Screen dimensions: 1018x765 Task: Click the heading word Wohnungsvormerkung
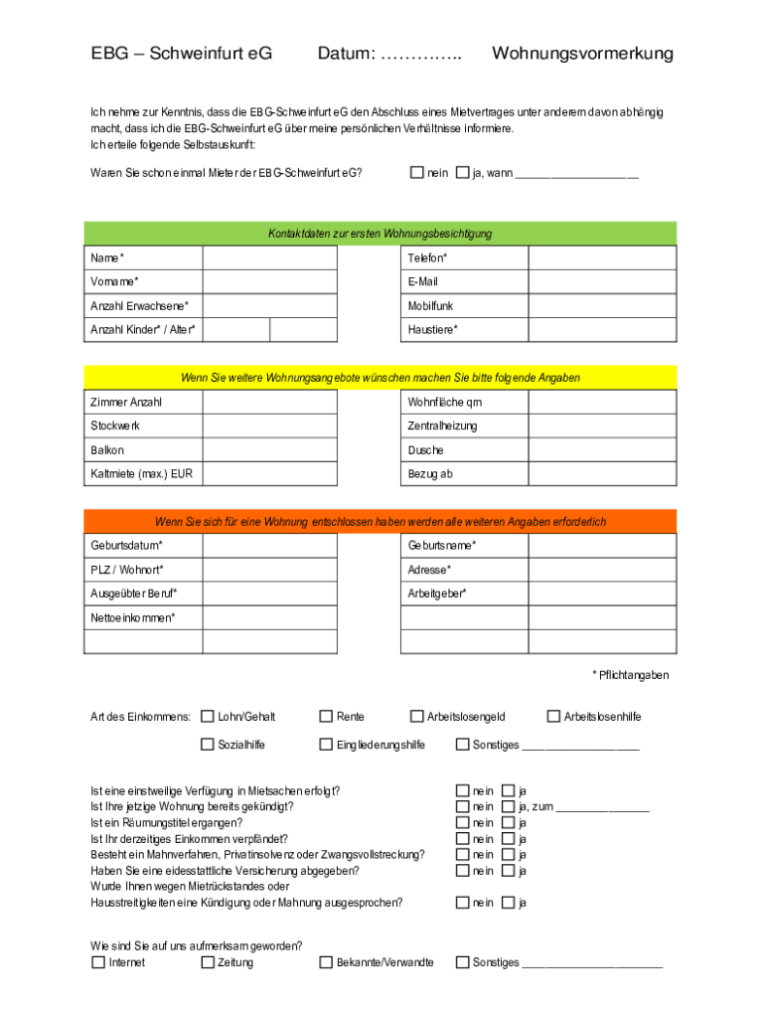[x=582, y=54]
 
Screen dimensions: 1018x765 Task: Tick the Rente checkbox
[x=326, y=716]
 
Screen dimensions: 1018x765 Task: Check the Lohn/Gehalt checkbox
[x=208, y=716]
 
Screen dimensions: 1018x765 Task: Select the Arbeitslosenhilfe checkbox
[x=554, y=716]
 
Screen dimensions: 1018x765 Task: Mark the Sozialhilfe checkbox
[x=208, y=744]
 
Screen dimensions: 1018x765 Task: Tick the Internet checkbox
[x=98, y=962]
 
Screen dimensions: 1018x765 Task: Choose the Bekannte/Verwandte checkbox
[x=326, y=962]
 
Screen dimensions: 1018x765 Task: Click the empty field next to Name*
[x=269, y=258]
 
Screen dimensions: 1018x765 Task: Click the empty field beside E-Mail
[x=602, y=282]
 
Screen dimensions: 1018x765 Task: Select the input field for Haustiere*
[x=602, y=330]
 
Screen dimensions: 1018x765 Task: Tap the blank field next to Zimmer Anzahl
[x=269, y=403]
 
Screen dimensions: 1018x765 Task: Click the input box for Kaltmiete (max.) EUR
[x=269, y=474]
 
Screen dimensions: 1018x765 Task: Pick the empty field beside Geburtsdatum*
[x=269, y=546]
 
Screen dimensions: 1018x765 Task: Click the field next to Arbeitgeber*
[x=602, y=594]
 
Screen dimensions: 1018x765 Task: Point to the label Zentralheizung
[x=442, y=426]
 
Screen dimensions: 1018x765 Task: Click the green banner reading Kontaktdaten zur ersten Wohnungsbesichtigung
[x=381, y=234]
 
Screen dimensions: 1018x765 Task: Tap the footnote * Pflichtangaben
[x=631, y=675]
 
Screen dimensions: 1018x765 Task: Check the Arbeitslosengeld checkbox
[x=417, y=716]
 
